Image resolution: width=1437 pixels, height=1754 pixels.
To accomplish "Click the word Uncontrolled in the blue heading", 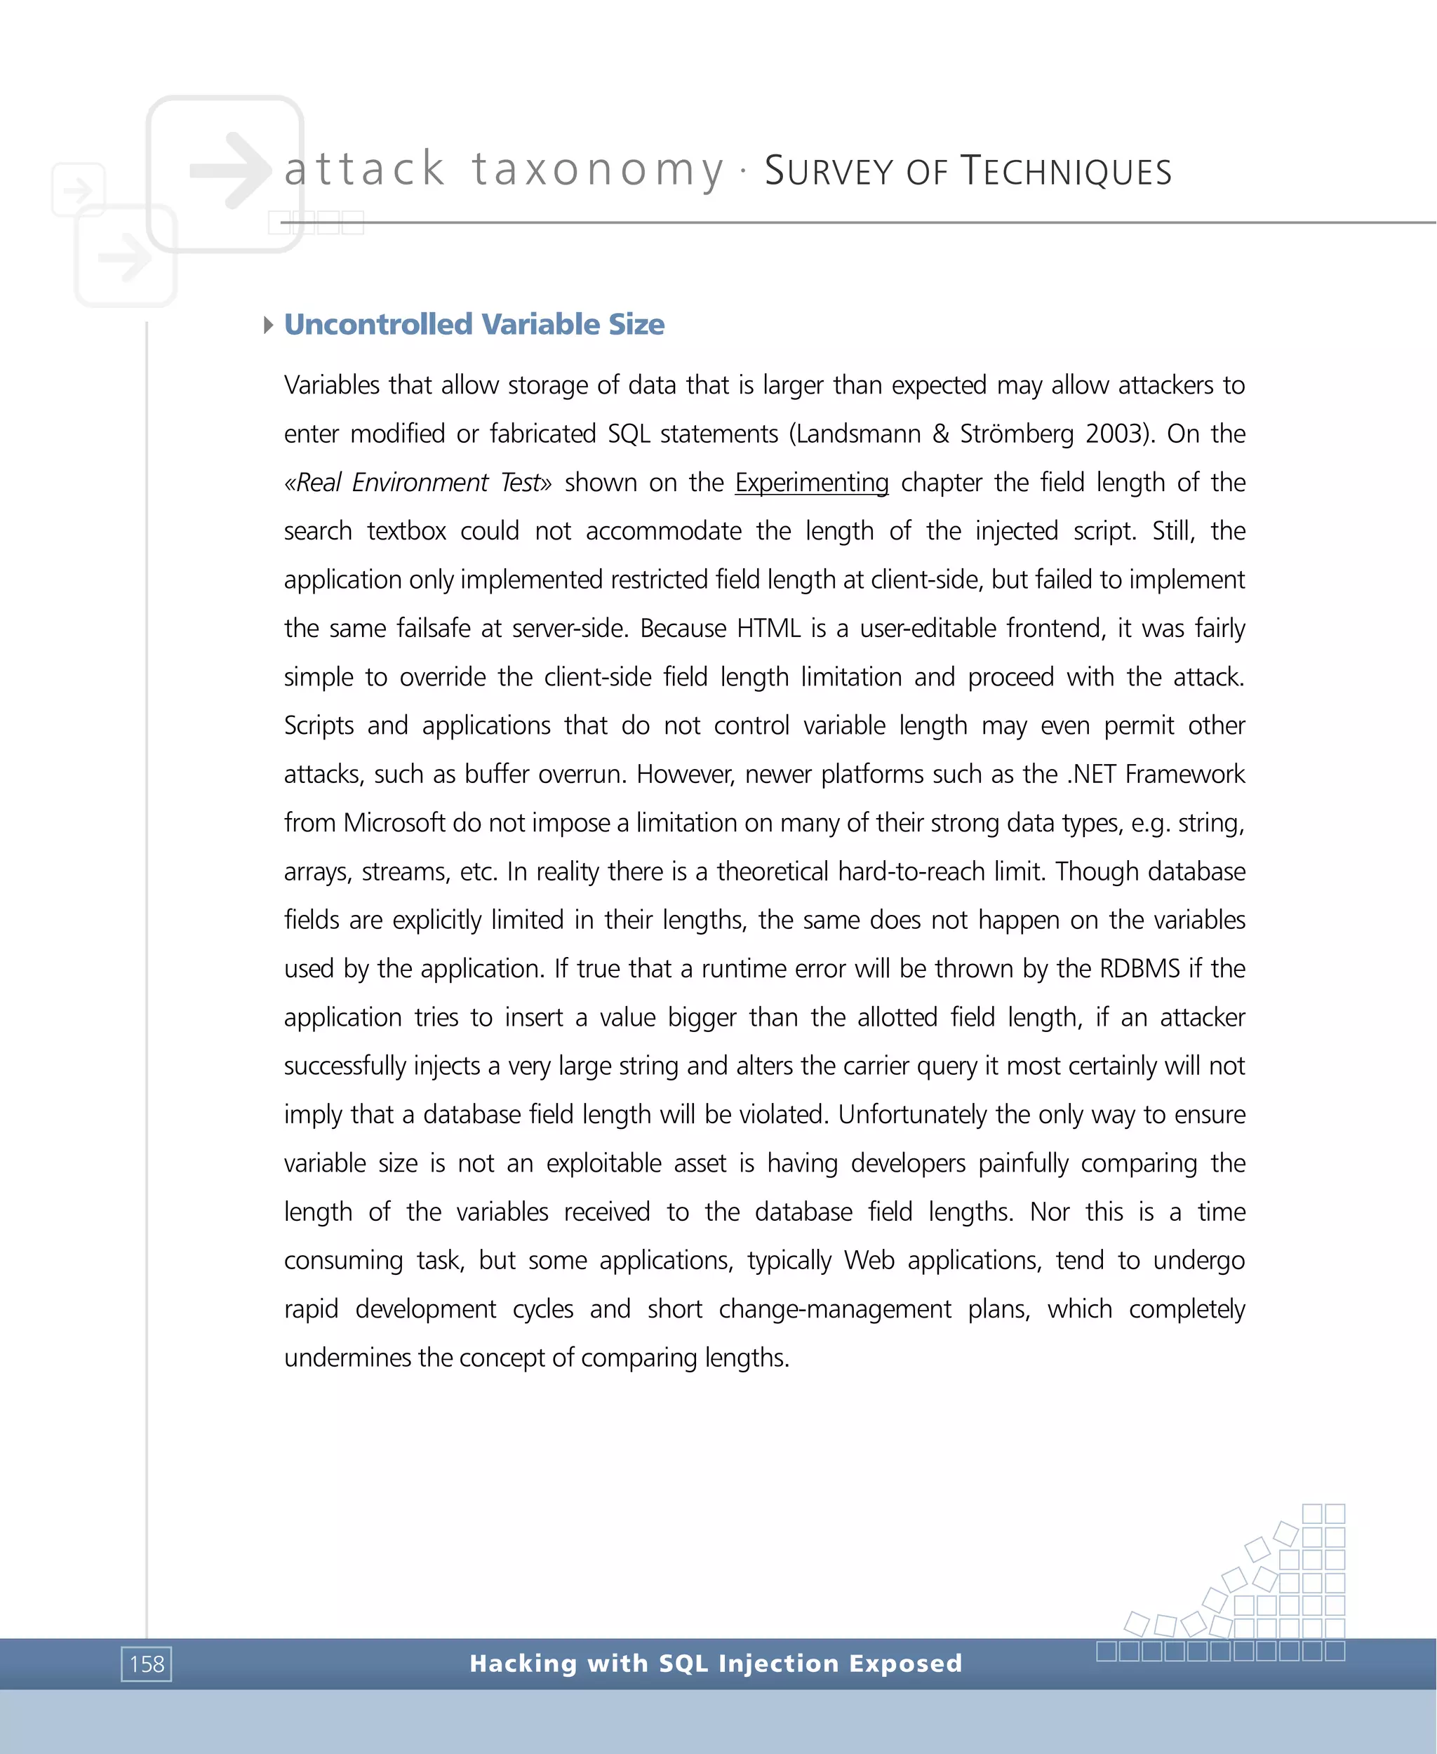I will pos(377,324).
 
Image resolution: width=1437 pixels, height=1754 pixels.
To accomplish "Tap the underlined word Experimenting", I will pos(811,483).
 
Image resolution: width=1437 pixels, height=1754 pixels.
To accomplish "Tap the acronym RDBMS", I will pos(1139,968).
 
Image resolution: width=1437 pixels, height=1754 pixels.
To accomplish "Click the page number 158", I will pos(147,1663).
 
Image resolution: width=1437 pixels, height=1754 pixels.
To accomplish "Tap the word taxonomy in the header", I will pos(598,170).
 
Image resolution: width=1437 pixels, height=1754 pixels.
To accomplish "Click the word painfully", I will pos(1023,1164).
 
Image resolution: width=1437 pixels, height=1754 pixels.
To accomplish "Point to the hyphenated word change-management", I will pos(834,1309).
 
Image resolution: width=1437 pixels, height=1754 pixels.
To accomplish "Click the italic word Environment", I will pos(420,483).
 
